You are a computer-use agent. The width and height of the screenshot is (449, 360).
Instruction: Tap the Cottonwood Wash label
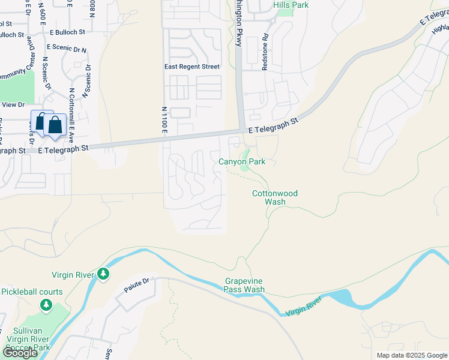tap(275, 197)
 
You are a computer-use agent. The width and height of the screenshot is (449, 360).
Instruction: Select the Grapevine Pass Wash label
tap(244, 285)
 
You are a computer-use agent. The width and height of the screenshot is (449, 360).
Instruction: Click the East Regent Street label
tap(192, 67)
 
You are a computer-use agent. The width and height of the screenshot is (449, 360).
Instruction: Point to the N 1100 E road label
tap(163, 121)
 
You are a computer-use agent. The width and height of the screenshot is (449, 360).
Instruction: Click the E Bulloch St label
tap(68, 31)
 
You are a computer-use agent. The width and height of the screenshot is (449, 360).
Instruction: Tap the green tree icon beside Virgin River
tap(104, 274)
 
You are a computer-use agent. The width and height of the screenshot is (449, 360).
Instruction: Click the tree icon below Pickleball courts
tap(46, 305)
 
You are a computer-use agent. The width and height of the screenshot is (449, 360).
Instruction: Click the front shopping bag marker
tap(55, 125)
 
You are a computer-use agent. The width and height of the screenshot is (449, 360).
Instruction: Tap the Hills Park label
tap(291, 5)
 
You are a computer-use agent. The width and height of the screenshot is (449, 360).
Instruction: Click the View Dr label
tap(13, 104)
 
